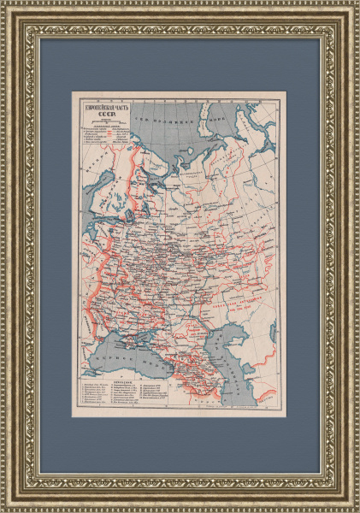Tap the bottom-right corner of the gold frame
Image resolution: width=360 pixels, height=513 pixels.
tap(354, 507)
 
